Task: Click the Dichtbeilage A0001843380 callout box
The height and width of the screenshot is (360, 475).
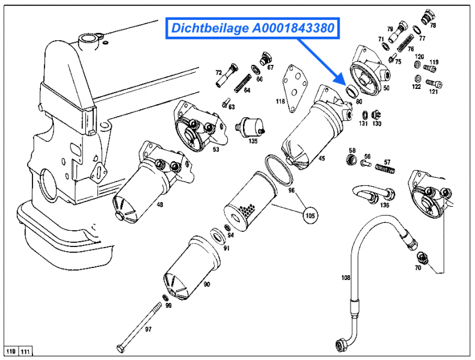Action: pos(253,28)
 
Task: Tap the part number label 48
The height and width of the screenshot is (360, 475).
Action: pos(159,205)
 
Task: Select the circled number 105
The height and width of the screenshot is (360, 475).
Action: pos(310,215)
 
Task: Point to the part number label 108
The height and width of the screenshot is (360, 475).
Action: pos(345,278)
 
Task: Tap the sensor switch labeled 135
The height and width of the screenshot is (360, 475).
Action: pos(249,126)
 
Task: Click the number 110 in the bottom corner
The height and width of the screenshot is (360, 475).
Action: pos(11,351)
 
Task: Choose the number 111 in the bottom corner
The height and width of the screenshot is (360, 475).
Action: pos(25,351)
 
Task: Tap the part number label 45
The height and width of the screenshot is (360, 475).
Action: pos(322,159)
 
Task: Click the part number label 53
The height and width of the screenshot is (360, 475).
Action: pos(215,149)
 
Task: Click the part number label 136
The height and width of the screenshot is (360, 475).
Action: pos(384,206)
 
